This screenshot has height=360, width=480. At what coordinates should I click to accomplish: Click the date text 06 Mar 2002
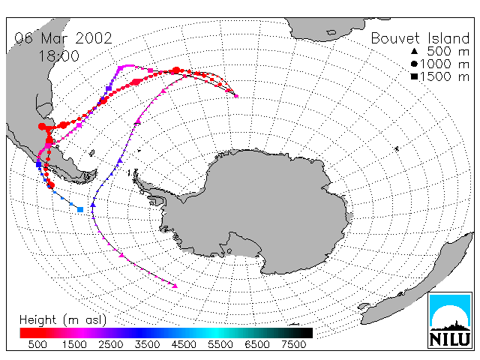pyautogui.click(x=63, y=38)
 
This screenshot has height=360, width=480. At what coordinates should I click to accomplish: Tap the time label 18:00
pyautogui.click(x=58, y=56)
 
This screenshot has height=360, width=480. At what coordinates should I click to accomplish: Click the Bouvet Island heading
pyautogui.click(x=420, y=38)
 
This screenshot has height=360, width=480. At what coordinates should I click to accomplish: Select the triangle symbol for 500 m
pyautogui.click(x=414, y=51)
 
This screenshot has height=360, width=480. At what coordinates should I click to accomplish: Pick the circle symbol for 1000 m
pyautogui.click(x=414, y=64)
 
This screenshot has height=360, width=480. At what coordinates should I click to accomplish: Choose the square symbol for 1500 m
pyautogui.click(x=414, y=76)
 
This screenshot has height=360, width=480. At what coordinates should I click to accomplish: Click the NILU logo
pyautogui.click(x=450, y=320)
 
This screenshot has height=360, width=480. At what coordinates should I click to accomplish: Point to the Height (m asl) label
pyautogui.click(x=63, y=320)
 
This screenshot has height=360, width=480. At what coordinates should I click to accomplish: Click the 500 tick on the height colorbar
pyautogui.click(x=37, y=344)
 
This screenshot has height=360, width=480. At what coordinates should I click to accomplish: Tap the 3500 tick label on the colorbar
pyautogui.click(x=147, y=344)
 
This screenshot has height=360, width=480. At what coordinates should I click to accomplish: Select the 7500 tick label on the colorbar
pyautogui.click(x=293, y=344)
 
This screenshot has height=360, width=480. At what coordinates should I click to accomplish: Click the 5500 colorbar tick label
pyautogui.click(x=220, y=344)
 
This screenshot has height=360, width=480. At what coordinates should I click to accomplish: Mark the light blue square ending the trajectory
pyautogui.click(x=80, y=209)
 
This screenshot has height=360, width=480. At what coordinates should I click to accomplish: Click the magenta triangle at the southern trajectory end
pyautogui.click(x=175, y=286)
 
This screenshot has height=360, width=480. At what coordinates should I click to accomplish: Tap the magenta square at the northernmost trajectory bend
pyautogui.click(x=120, y=68)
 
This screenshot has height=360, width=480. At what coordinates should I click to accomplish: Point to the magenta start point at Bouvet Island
pyautogui.click(x=236, y=96)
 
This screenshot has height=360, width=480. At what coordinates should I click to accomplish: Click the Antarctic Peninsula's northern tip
pyautogui.click(x=135, y=174)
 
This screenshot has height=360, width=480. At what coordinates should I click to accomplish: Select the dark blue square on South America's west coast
pyautogui.click(x=38, y=164)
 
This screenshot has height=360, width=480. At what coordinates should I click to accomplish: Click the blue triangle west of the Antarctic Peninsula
pyautogui.click(x=93, y=205)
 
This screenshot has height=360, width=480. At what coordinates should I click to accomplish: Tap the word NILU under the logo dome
pyautogui.click(x=450, y=339)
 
